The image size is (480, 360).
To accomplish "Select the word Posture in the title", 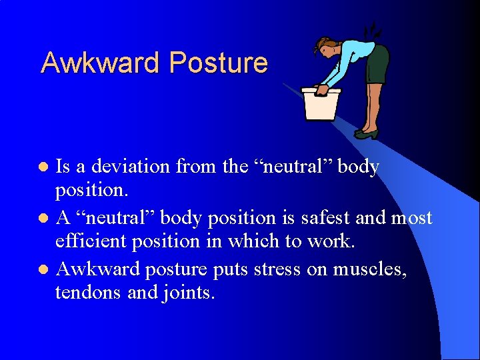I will tap(219, 63).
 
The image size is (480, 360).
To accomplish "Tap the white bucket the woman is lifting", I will tap(321, 103).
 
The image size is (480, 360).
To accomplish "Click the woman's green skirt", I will tap(377, 65).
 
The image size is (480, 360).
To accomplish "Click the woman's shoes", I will tap(365, 133).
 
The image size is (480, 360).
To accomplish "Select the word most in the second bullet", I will tap(411, 218).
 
